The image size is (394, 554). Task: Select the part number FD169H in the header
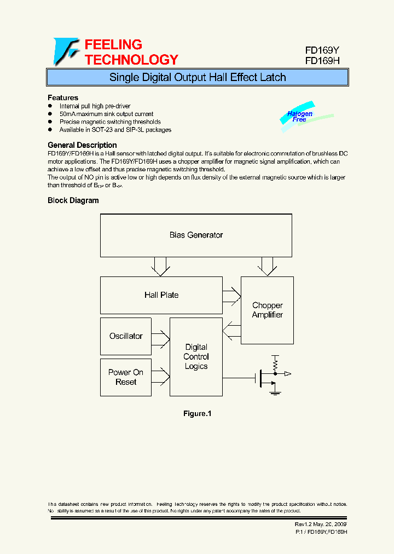(322, 61)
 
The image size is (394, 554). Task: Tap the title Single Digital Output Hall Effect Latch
(198, 77)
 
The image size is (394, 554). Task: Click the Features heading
(63, 98)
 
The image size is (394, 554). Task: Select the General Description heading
(82, 145)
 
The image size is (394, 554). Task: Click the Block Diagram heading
(73, 200)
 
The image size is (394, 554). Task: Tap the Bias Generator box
(196, 235)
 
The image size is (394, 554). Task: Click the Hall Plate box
(161, 295)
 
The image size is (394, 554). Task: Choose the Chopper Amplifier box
(267, 310)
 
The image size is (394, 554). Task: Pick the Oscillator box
(126, 336)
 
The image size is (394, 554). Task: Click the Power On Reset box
(126, 377)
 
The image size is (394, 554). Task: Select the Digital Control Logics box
(196, 357)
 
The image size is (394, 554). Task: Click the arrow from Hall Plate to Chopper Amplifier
(232, 295)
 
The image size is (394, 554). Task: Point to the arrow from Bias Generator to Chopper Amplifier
(267, 267)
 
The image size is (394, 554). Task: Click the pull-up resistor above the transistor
(275, 362)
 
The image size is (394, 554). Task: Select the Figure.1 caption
(197, 414)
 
